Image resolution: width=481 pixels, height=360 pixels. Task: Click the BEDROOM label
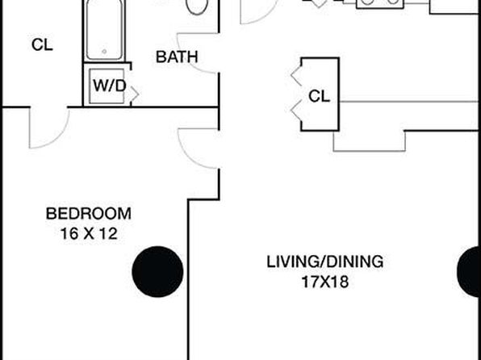click(x=88, y=214)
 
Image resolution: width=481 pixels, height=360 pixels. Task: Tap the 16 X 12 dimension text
click(x=89, y=234)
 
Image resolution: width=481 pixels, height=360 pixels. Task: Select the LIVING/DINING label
click(x=325, y=262)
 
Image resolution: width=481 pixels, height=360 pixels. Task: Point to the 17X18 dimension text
click(x=325, y=282)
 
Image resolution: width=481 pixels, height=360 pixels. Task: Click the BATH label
click(x=177, y=57)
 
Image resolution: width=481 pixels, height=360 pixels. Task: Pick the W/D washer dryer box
click(x=107, y=86)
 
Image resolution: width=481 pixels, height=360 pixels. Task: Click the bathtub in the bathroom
click(x=104, y=30)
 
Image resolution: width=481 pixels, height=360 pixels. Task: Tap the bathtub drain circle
click(x=104, y=51)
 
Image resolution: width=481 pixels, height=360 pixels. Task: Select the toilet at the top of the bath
click(x=197, y=6)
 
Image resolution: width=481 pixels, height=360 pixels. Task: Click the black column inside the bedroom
click(x=157, y=271)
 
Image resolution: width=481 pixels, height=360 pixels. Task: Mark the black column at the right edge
click(x=470, y=271)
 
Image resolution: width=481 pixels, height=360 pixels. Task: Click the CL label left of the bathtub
click(x=42, y=44)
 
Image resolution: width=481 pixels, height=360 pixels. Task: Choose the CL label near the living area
click(x=319, y=96)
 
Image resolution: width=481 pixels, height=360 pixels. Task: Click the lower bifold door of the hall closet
click(x=296, y=111)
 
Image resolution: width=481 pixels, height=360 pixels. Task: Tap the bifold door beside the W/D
click(x=134, y=94)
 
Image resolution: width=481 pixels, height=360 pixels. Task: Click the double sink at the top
click(x=380, y=3)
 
